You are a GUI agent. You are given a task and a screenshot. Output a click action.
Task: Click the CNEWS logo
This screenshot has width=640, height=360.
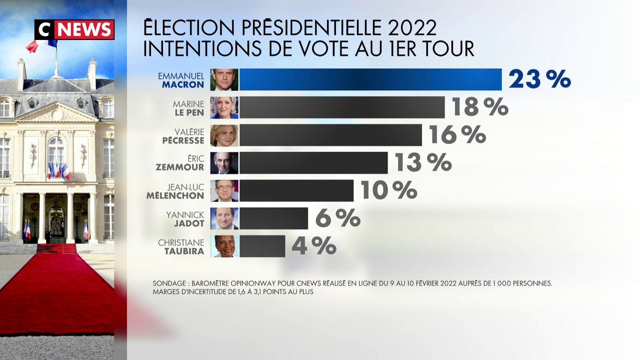coord(74,29)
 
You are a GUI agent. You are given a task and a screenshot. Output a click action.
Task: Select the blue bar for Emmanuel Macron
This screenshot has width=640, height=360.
coord(370,79)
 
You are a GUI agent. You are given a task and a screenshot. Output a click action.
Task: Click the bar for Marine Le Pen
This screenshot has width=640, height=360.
coord(342,107)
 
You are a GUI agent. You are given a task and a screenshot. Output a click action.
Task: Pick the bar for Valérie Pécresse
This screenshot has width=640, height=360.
coord(330,135)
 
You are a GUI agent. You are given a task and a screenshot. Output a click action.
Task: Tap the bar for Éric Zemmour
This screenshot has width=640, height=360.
coord(313,163)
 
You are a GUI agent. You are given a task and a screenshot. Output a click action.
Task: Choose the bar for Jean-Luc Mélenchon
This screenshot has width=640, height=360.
coord(296,190)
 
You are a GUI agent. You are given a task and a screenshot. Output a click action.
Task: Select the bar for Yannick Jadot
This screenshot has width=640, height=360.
coord(273,218)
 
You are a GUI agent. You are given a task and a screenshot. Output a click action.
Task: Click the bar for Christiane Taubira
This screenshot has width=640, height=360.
coord(262,246)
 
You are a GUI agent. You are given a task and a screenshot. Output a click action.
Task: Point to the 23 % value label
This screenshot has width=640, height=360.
coord(539,79)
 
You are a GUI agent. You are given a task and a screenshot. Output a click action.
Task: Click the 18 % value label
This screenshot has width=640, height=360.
coord(479,107)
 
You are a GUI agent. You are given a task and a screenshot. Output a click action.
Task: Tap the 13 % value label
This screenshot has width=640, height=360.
coord(423,162)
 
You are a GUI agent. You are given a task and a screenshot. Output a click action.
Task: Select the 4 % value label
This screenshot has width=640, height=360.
coord(313,246)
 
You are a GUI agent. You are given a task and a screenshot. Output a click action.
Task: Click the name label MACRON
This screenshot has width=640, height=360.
coord(183,85)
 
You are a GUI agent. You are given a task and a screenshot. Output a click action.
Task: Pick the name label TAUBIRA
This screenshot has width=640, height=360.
coord(184,251)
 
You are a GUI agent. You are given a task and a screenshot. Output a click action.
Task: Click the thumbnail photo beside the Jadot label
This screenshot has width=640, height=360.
coord(224,218)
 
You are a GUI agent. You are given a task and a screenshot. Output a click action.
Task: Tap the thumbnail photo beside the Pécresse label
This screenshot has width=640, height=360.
coord(224,135)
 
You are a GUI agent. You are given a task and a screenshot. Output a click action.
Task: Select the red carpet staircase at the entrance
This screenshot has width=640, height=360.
coord(56,248)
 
